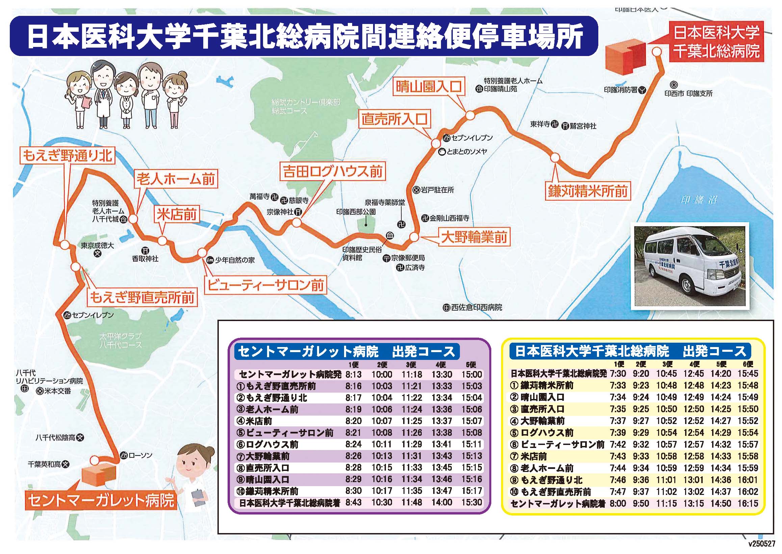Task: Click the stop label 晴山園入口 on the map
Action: click(x=429, y=87)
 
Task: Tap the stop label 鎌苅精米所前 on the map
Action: click(x=588, y=191)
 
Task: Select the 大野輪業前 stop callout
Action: click(x=474, y=237)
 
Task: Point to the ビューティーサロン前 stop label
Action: click(x=265, y=285)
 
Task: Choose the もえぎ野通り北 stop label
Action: click(x=67, y=156)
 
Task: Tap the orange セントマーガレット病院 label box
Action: click(x=101, y=500)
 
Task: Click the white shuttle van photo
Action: click(x=689, y=266)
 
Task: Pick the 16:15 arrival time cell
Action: click(x=748, y=503)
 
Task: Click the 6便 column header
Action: click(x=747, y=364)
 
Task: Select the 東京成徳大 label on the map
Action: click(x=97, y=245)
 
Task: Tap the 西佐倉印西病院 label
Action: click(x=476, y=307)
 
